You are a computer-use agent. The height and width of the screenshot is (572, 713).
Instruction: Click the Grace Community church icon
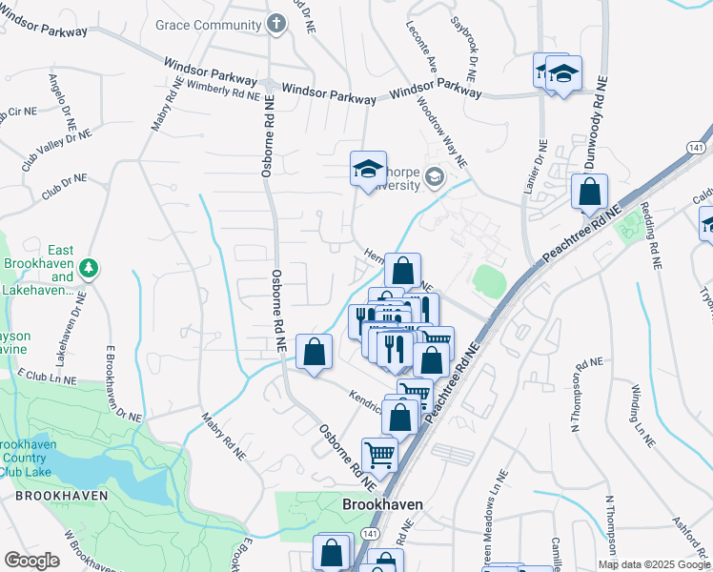[275, 23]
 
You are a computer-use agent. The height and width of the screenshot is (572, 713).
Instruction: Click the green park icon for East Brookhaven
[88, 267]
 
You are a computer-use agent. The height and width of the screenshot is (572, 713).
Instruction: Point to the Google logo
[31, 561]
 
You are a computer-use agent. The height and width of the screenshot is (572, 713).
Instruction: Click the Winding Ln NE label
[642, 417]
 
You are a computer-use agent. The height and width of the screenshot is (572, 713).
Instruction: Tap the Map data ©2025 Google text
[653, 564]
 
